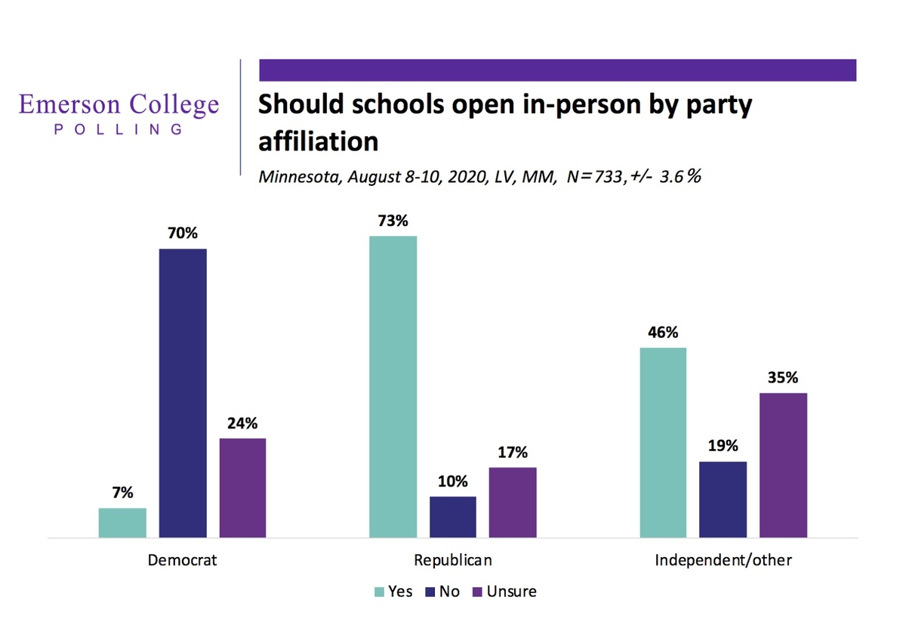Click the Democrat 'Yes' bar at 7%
pyautogui.click(x=122, y=522)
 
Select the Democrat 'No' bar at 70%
pyautogui.click(x=183, y=393)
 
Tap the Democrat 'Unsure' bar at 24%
pyautogui.click(x=242, y=487)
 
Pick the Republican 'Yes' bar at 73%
pyautogui.click(x=393, y=386)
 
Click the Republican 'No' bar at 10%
pyautogui.click(x=453, y=517)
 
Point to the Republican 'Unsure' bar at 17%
pyautogui.click(x=513, y=503)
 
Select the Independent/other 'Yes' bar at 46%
pyautogui.click(x=663, y=442)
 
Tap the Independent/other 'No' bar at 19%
pyautogui.click(x=723, y=500)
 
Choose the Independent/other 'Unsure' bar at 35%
pyautogui.click(x=783, y=465)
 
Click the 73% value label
pyautogui.click(x=393, y=221)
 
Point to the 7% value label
pyautogui.click(x=122, y=493)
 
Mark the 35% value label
pyautogui.click(x=783, y=378)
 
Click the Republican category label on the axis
pyautogui.click(x=453, y=561)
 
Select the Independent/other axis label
pyautogui.click(x=723, y=561)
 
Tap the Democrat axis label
pyautogui.click(x=183, y=561)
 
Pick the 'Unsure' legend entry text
pyautogui.click(x=511, y=592)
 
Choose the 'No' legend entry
pyautogui.click(x=449, y=592)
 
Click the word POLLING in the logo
pyautogui.click(x=119, y=129)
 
